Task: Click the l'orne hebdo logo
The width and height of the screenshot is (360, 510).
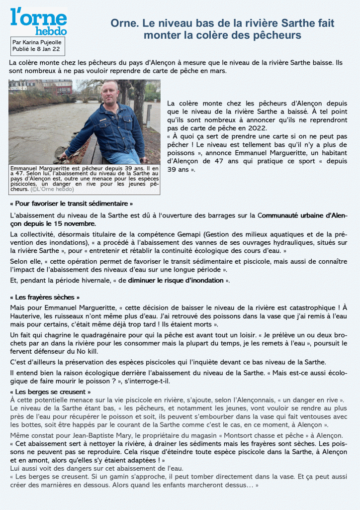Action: (x=38, y=21)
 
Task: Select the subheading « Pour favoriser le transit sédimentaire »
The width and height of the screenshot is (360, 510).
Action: (x=72, y=204)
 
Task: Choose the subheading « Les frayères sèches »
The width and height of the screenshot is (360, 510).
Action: (x=44, y=298)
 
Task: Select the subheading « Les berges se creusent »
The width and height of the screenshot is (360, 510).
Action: (x=50, y=392)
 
